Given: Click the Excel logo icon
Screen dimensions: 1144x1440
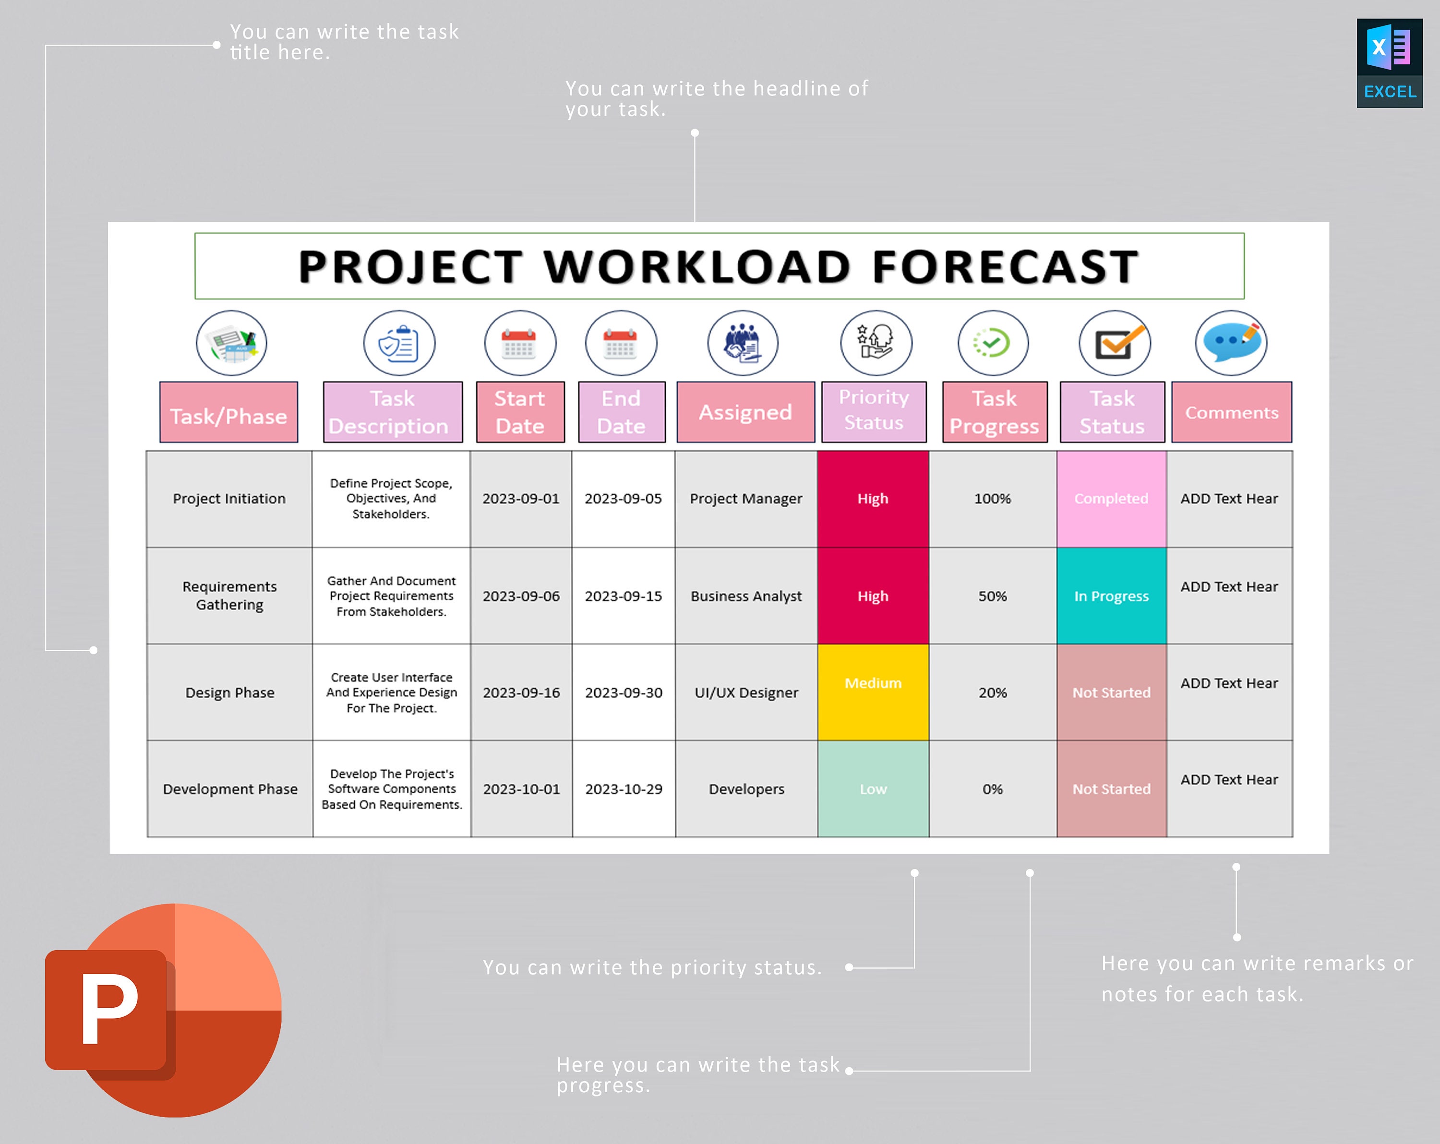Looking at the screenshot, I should point(1389,63).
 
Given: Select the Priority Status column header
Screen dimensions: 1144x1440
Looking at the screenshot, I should point(874,411).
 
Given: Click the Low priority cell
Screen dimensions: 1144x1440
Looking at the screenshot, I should point(873,789).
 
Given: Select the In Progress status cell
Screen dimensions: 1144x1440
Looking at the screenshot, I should point(1111,596).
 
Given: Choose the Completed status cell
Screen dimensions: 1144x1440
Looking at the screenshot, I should point(1111,499).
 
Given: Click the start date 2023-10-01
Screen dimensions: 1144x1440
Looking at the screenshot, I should point(522,789).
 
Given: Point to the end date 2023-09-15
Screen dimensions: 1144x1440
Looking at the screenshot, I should point(623,596).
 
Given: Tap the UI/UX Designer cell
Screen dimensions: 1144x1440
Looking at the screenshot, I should point(746,692).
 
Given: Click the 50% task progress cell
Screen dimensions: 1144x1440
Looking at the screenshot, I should point(993,596).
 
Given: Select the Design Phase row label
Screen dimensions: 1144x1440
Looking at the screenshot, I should point(230,692).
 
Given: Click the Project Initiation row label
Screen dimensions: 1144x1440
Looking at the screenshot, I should point(229,499).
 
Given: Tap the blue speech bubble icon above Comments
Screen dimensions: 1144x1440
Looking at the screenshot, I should point(1231,343).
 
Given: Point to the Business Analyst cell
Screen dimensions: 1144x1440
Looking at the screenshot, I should point(746,596).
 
